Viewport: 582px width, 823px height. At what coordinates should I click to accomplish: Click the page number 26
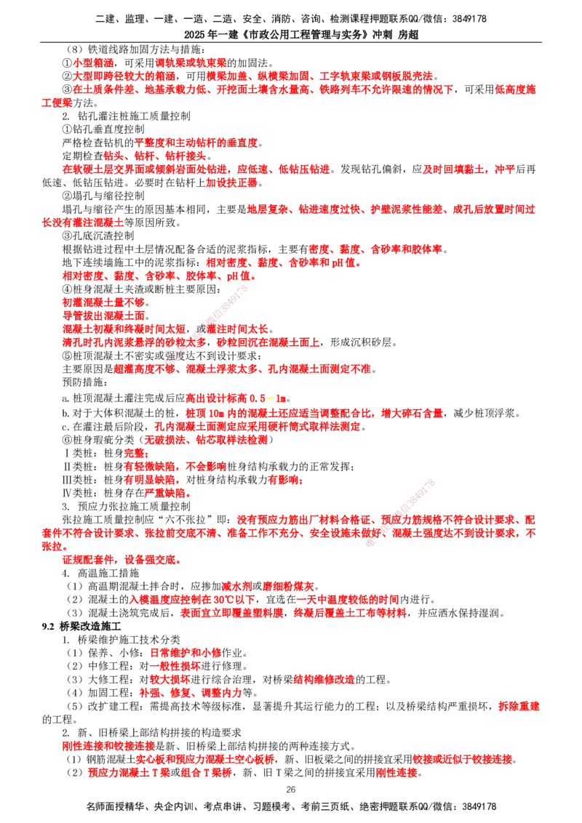coord(291,790)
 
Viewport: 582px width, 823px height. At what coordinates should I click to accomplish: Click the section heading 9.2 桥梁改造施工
coord(81,626)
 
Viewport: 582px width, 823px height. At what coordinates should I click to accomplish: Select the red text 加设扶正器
coord(231,182)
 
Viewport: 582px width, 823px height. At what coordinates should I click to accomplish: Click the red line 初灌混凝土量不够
coord(104,302)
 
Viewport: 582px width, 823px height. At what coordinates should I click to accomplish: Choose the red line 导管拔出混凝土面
coord(104,316)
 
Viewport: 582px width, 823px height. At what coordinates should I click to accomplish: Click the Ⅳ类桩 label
coord(79,493)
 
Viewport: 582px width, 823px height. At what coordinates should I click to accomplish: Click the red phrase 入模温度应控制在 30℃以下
coord(193,599)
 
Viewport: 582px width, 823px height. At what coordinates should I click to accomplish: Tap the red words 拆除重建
coord(519,706)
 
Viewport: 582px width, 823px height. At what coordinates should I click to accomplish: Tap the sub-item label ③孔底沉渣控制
coord(98,236)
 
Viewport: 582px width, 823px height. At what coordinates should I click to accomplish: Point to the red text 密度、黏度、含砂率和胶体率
coord(375,249)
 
